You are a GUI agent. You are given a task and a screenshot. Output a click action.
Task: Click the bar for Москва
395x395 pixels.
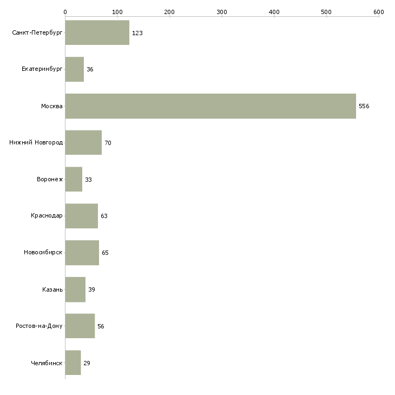pos(210,106)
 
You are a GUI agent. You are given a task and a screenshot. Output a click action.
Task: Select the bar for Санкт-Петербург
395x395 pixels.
pos(97,33)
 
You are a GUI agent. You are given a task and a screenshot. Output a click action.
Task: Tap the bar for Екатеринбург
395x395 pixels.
pos(75,70)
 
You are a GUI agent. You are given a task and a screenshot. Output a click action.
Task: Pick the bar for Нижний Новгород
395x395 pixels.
pos(83,143)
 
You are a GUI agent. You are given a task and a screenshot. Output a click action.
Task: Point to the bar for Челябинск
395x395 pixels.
pos(73,363)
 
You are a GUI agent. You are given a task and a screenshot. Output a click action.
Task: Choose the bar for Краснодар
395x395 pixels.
pos(82,216)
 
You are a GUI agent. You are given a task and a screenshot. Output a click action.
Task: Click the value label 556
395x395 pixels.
pos(364,107)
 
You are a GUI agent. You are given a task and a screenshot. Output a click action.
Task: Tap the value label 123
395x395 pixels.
pos(137,34)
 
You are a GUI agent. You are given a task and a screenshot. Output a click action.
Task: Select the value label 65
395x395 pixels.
pos(105,253)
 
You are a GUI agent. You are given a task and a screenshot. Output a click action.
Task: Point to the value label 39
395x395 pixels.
pos(91,290)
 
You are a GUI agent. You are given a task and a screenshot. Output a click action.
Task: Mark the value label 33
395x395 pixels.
pos(88,180)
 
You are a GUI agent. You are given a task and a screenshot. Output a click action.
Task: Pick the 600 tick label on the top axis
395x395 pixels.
pos(378,11)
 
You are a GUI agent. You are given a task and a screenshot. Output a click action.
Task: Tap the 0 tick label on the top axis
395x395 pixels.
pos(65,11)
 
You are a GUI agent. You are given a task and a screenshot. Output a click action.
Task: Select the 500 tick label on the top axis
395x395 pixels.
pos(326,11)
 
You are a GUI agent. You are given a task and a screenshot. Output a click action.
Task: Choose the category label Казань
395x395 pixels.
pos(52,289)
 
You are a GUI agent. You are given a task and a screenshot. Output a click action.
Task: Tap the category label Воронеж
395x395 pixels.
pos(50,180)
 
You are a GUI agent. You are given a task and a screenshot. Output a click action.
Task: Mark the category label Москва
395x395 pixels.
pos(52,106)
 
